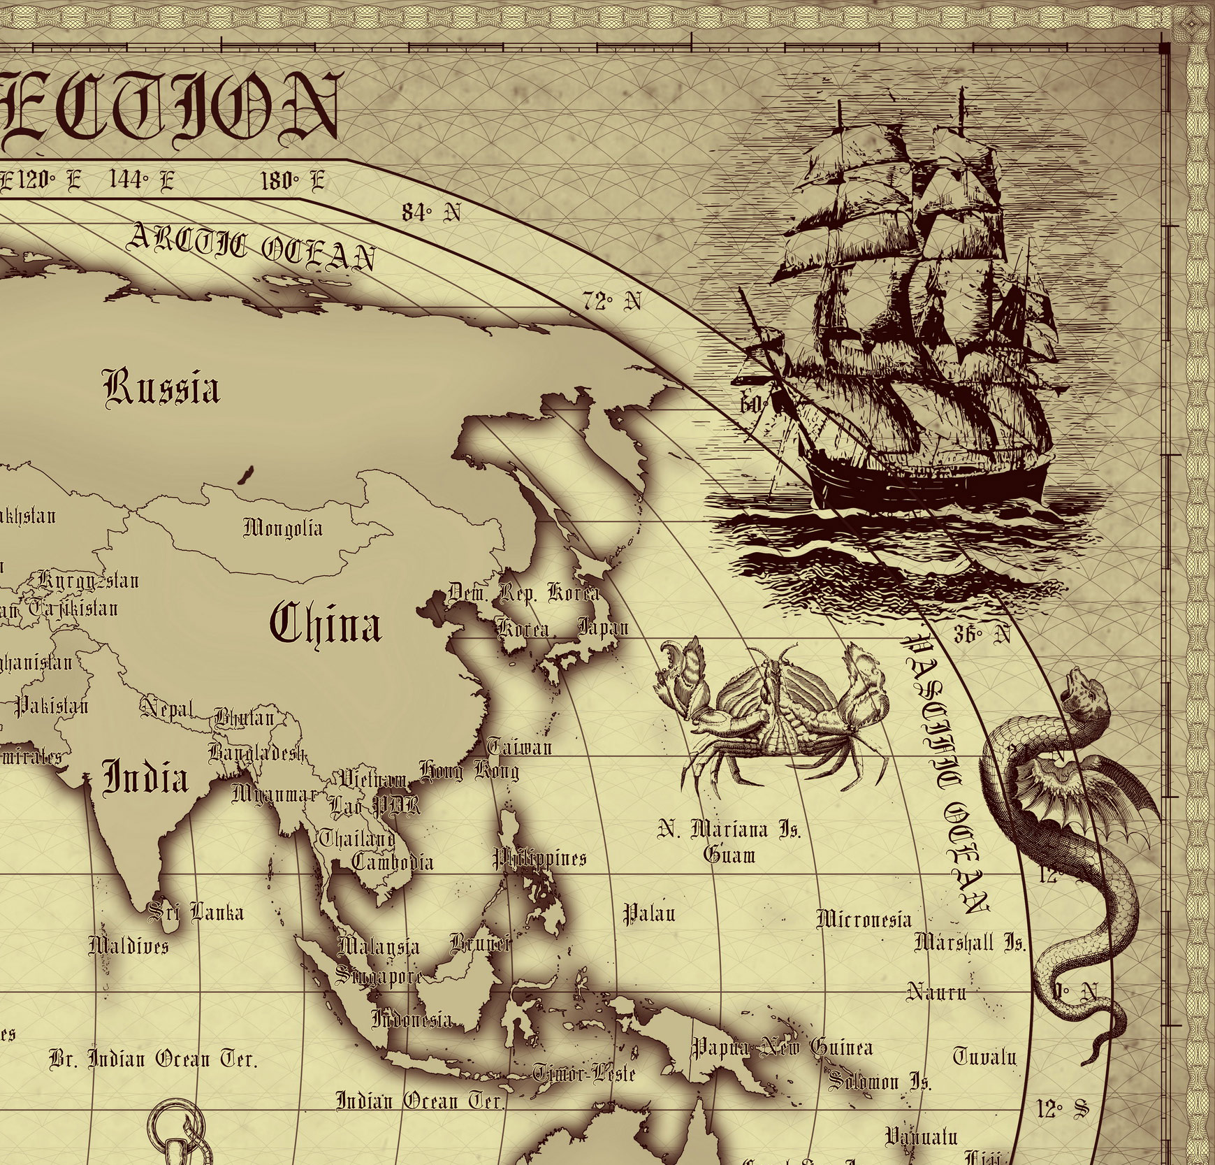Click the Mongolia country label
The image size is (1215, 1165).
pyautogui.click(x=283, y=527)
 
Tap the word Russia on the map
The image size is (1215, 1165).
pyautogui.click(x=162, y=388)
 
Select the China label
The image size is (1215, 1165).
pyautogui.click(x=326, y=624)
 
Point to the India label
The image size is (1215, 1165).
pyautogui.click(x=146, y=778)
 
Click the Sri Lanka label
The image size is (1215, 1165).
pyautogui.click(x=197, y=912)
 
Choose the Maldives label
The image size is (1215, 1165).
pyautogui.click(x=129, y=946)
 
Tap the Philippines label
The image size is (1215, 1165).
pyautogui.click(x=540, y=858)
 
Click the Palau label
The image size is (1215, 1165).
pyautogui.click(x=649, y=913)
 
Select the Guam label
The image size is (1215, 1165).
pyautogui.click(x=729, y=855)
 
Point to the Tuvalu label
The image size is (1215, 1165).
pyautogui.click(x=984, y=1056)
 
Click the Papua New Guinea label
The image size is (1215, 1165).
pyautogui.click(x=782, y=1048)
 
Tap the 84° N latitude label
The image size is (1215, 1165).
pyautogui.click(x=431, y=212)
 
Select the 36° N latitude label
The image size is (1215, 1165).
pyautogui.click(x=982, y=634)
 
